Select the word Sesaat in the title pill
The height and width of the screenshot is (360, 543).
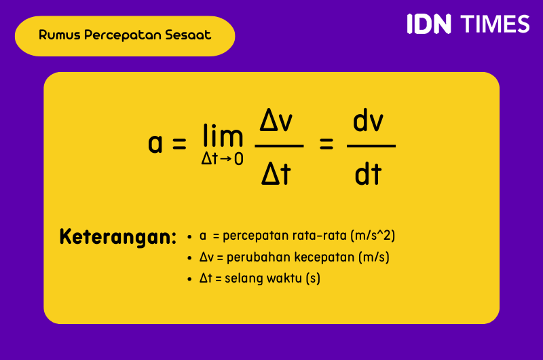tap(188, 35)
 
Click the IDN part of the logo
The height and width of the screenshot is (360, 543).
tap(429, 24)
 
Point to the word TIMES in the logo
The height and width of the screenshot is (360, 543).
tap(495, 24)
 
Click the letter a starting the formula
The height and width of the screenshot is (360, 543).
tap(155, 143)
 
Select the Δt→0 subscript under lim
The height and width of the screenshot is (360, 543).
tap(222, 160)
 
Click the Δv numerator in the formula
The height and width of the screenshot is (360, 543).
tap(277, 122)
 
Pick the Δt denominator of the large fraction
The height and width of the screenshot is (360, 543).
tap(277, 175)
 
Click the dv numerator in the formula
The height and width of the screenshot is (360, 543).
tap(369, 122)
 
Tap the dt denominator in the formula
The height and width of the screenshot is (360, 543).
tap(369, 175)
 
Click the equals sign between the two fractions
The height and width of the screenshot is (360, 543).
tap(326, 144)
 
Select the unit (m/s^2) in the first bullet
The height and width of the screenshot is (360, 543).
tap(372, 236)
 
